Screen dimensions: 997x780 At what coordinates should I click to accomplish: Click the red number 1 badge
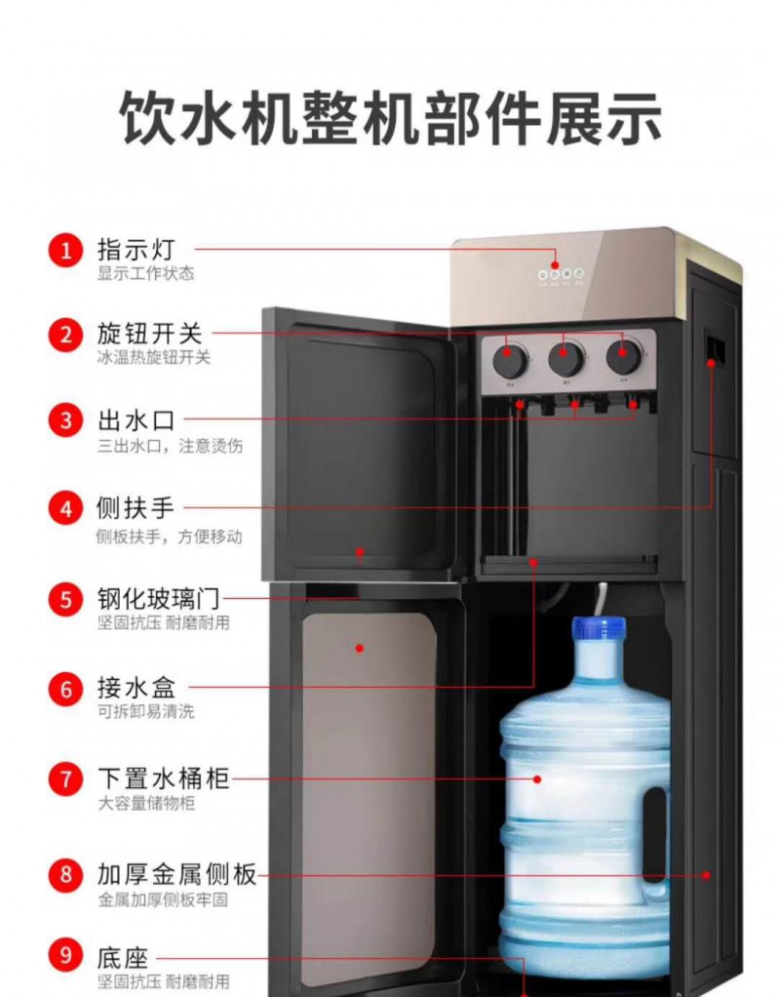tap(66, 251)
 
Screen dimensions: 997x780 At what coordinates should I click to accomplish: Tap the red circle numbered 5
tap(66, 599)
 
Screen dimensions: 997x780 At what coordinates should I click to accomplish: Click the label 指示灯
tap(136, 250)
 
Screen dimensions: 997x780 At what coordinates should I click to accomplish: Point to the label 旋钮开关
tap(149, 335)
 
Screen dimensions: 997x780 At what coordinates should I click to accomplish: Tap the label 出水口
tap(136, 420)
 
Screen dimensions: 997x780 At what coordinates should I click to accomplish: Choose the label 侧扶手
tap(136, 508)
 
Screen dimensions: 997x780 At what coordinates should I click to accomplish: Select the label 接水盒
tap(136, 688)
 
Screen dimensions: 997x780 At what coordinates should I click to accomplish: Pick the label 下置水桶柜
tap(163, 778)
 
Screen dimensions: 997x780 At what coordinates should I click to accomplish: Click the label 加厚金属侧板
tap(176, 874)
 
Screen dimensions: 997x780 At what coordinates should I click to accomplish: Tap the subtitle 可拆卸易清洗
tap(145, 711)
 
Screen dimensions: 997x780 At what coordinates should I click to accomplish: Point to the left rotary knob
tap(509, 360)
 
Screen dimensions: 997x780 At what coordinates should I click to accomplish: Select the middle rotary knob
tap(565, 358)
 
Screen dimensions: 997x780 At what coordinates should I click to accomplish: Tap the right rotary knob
tap(623, 356)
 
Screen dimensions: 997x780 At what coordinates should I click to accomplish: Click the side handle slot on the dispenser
tap(715, 348)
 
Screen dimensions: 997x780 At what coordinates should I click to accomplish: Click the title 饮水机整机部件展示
tap(391, 118)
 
